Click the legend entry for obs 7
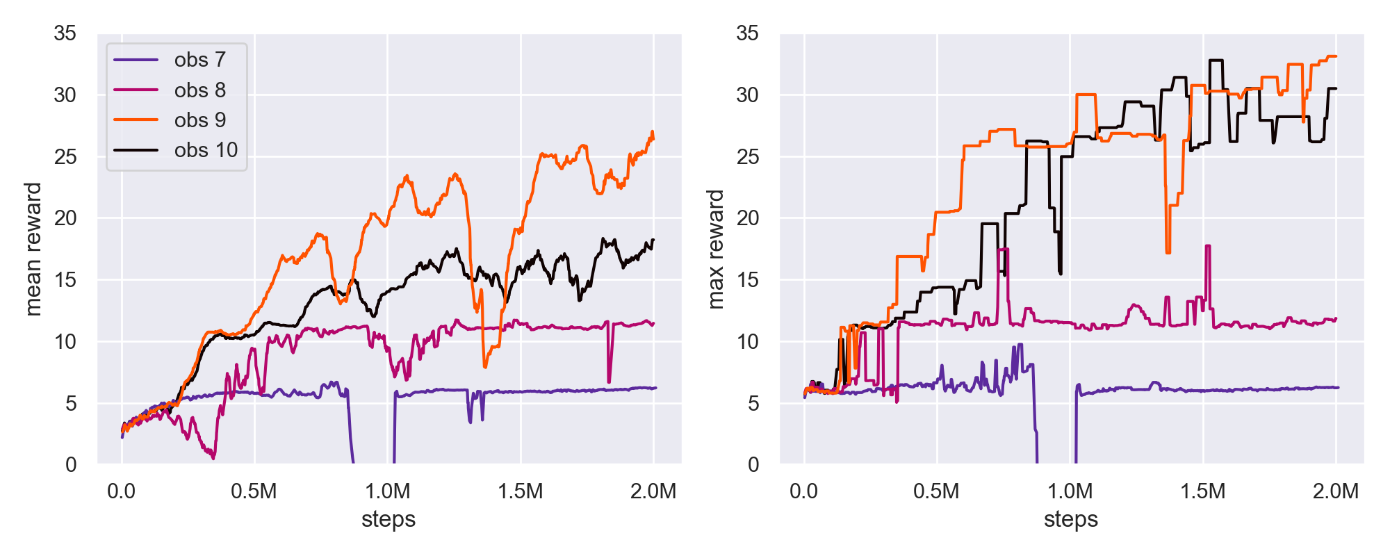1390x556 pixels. (200, 60)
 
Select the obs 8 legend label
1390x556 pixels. (200, 90)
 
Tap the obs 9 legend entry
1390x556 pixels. (200, 120)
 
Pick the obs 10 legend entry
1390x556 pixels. (206, 150)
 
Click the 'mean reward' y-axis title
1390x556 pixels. (33, 249)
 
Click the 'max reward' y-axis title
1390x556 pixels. (715, 249)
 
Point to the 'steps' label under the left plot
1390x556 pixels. (389, 519)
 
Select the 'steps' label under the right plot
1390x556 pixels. (1071, 519)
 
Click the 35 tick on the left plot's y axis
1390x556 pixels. (65, 33)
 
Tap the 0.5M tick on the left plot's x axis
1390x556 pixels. (254, 492)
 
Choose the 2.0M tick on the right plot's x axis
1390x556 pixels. (1335, 492)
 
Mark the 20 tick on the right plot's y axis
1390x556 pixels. (747, 218)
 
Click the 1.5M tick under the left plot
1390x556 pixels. (520, 492)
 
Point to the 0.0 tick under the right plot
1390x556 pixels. (804, 492)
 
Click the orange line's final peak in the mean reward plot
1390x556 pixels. (652, 131)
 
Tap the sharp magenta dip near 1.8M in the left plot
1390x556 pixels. (609, 382)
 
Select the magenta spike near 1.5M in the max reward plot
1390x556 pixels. (1208, 246)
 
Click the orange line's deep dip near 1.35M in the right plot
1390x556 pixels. (1168, 252)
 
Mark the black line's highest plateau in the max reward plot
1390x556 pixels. (1216, 60)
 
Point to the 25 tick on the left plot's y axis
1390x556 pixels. (65, 157)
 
